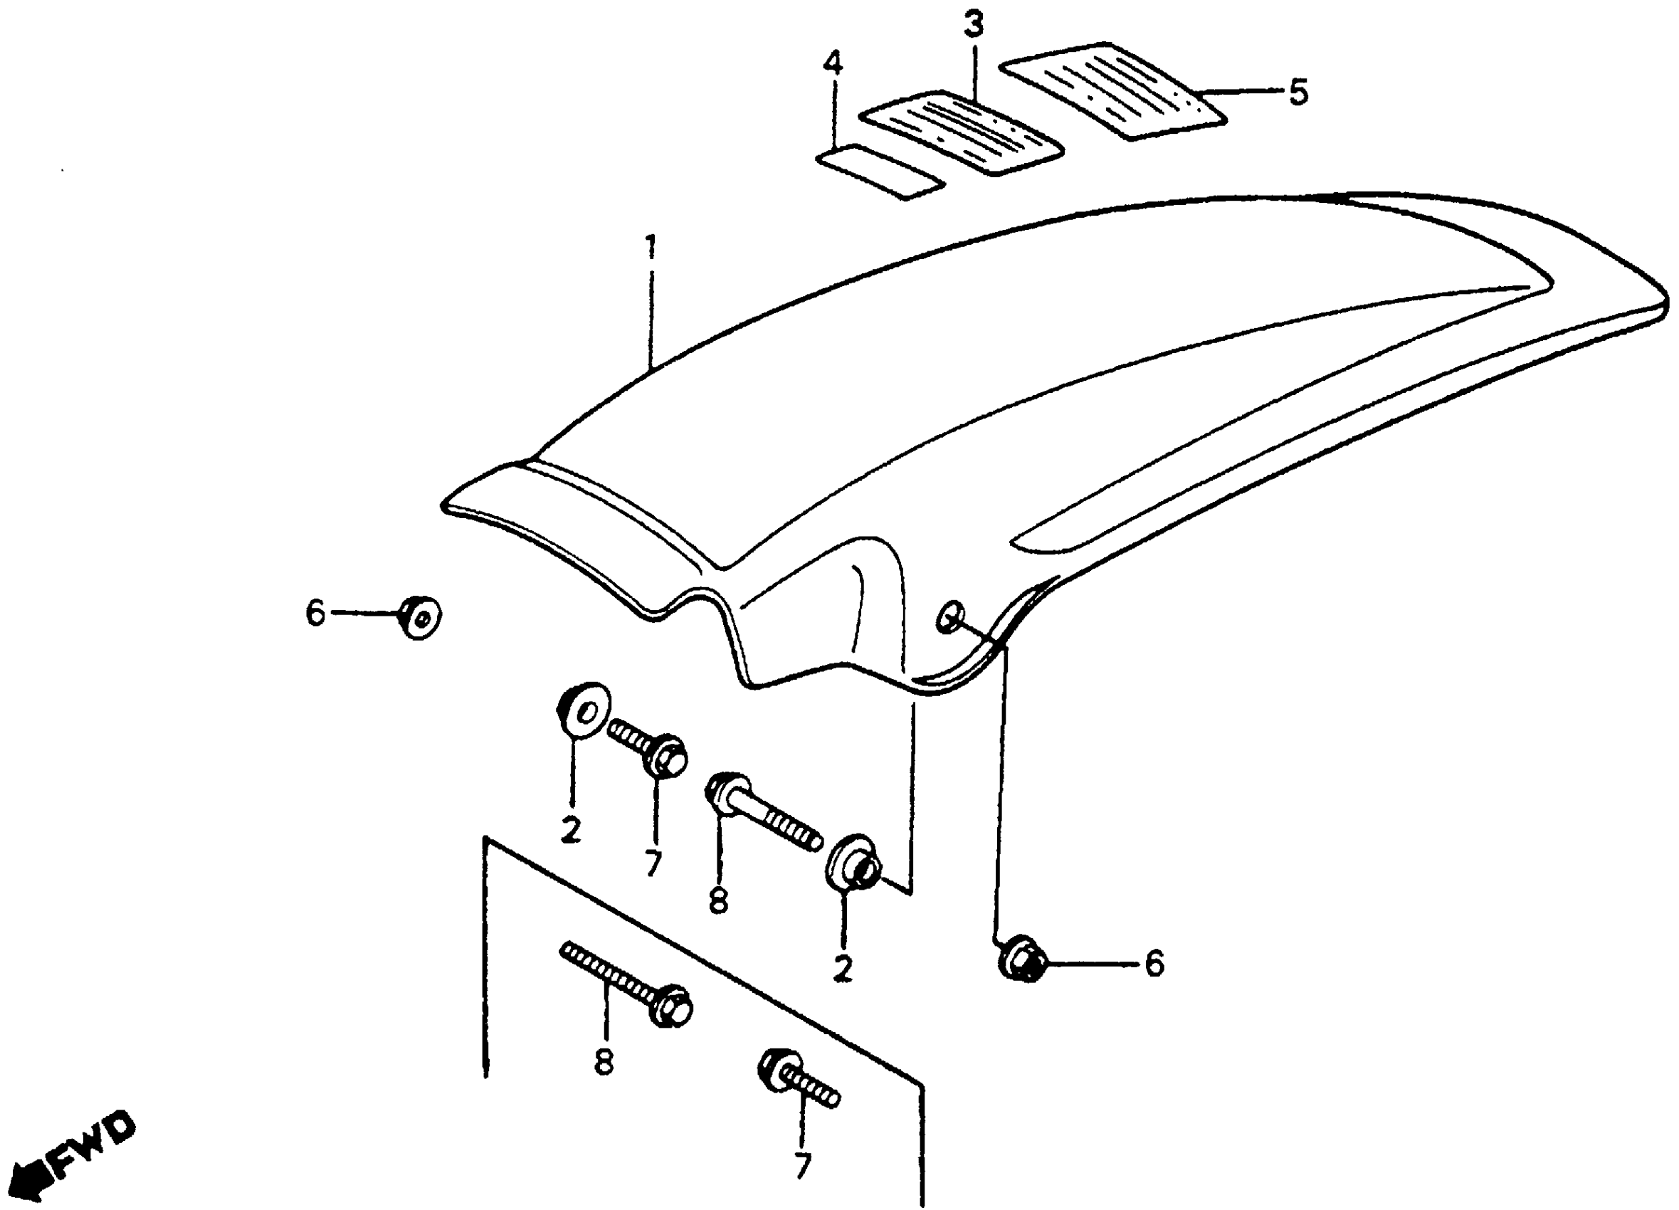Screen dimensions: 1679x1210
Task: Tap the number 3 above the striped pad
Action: point(974,26)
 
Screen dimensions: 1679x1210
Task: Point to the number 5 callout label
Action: point(1298,93)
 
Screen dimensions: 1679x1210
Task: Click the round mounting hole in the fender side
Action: point(949,616)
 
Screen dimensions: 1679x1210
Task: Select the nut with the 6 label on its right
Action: point(1022,960)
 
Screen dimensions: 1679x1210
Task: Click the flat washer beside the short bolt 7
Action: point(584,710)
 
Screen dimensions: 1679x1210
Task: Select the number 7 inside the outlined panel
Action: point(801,1167)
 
